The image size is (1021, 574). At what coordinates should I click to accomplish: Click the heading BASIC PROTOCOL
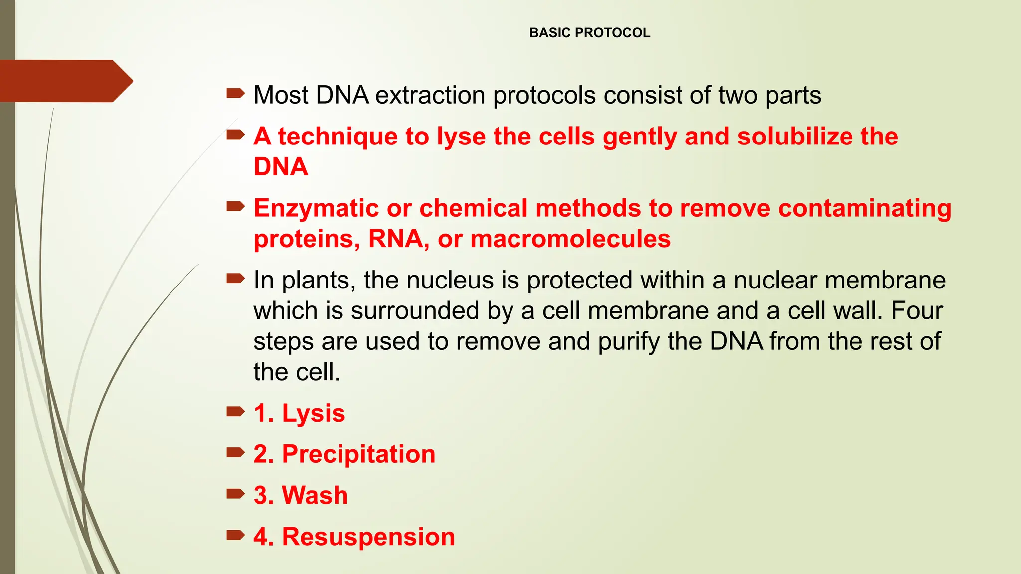(589, 33)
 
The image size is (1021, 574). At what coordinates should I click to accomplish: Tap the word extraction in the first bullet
(430, 95)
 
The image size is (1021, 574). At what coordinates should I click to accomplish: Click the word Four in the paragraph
(916, 311)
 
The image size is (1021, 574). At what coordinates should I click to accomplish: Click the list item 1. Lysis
(299, 413)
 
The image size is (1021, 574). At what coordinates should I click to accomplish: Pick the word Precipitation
(358, 454)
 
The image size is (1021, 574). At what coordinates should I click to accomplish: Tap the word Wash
(315, 496)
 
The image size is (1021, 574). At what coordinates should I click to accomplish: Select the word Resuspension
(368, 537)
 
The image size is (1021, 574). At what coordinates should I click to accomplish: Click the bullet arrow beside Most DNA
(235, 93)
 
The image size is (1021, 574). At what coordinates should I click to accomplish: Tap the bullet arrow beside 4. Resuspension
(235, 535)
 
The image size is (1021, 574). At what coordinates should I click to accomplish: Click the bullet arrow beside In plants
(235, 278)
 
